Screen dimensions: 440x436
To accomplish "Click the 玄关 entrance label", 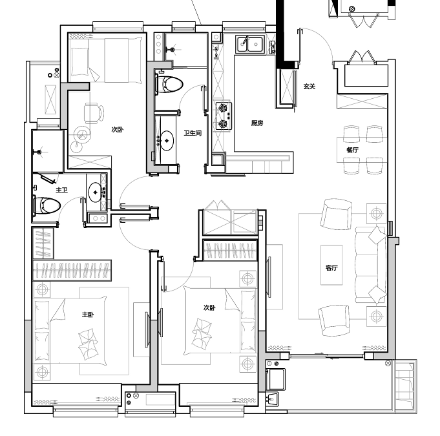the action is pyautogui.click(x=309, y=87).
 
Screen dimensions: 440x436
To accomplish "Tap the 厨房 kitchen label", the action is pyautogui.click(x=257, y=123).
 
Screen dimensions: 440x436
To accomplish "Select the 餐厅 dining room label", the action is pyautogui.click(x=352, y=150).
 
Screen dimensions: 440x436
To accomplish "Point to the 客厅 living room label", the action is pyautogui.click(x=331, y=268).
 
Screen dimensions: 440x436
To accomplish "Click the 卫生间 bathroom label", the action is pyautogui.click(x=193, y=133).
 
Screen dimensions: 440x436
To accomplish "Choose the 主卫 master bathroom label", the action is pyautogui.click(x=62, y=190).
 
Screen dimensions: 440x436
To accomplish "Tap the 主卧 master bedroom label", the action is pyautogui.click(x=88, y=315).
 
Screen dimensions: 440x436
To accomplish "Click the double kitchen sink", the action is pyautogui.click(x=250, y=45).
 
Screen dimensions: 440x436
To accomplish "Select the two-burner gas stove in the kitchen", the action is pyautogui.click(x=224, y=116).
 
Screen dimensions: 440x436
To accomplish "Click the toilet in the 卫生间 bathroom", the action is pyautogui.click(x=169, y=84).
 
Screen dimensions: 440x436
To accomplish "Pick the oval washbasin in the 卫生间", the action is pyautogui.click(x=167, y=141).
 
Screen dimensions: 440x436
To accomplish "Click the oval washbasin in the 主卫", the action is pyautogui.click(x=95, y=192).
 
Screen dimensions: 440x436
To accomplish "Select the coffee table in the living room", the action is pyautogui.click(x=331, y=265).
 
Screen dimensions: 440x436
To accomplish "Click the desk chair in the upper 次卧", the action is pyautogui.click(x=94, y=113).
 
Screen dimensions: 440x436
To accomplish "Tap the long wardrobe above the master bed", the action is pyautogui.click(x=72, y=271).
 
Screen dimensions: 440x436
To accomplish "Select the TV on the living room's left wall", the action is pyautogui.click(x=269, y=276).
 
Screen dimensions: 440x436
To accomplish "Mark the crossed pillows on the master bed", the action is pyautogui.click(x=88, y=344).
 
